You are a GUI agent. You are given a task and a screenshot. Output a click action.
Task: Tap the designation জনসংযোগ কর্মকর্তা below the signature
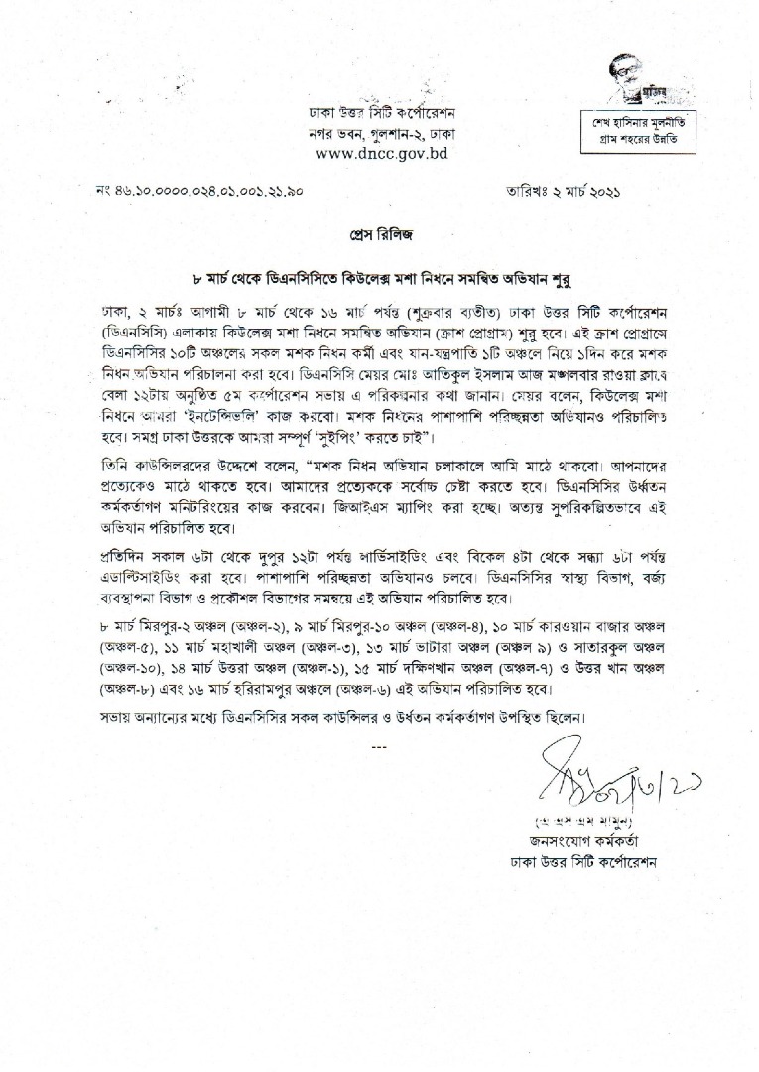point(581,843)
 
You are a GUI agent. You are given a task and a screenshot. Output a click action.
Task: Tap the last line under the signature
point(581,863)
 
